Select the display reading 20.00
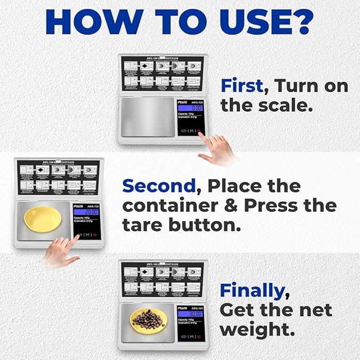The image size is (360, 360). pos(86,212)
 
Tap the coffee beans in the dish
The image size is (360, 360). pos(146,319)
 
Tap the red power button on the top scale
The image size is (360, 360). pos(199,130)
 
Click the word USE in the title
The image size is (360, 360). pos(254,22)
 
